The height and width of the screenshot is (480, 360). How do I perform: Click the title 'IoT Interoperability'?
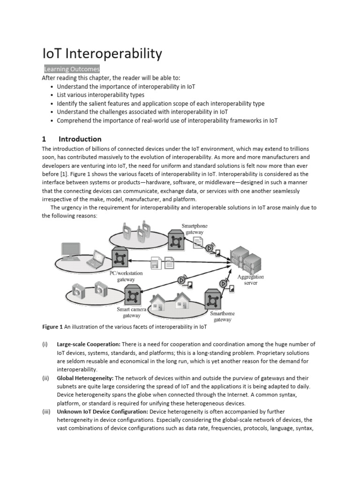[102, 54]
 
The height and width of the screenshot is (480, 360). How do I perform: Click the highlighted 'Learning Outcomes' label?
[72, 69]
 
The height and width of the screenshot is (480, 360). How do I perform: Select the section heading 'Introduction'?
[80, 139]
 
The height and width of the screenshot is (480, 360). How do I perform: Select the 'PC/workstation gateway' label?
[126, 276]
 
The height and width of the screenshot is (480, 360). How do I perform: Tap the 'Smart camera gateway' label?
[132, 313]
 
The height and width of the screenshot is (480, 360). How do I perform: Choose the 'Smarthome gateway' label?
[222, 316]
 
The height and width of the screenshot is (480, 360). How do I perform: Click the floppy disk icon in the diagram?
[155, 264]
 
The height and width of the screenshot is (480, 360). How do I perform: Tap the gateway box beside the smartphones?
[176, 240]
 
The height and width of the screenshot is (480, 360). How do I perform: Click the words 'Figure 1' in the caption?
[52, 327]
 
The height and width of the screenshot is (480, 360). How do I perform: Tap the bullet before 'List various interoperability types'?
[51, 95]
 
